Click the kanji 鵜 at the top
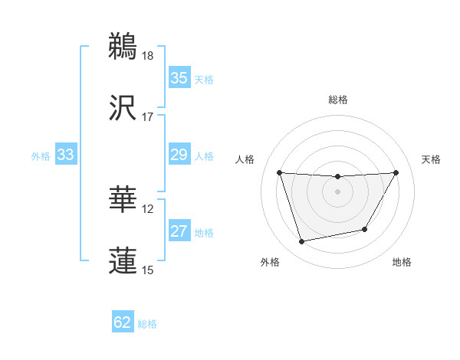coord(123,45)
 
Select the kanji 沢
coord(123,107)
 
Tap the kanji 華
coord(123,198)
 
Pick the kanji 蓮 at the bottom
coord(123,260)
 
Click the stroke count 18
coord(148,56)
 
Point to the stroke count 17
coord(148,117)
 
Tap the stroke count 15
coord(148,270)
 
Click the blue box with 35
coord(179,78)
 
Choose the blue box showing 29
coord(179,155)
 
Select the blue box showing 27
coord(179,232)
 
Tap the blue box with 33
coord(65,155)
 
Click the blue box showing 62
coord(123,322)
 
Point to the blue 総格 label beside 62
coord(147,324)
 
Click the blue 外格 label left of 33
coord(41,156)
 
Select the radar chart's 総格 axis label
coord(337,100)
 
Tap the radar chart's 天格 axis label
coord(431,159)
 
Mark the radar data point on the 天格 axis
coord(396,172)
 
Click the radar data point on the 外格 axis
coord(301,242)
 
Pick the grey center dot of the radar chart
coord(337,191)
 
